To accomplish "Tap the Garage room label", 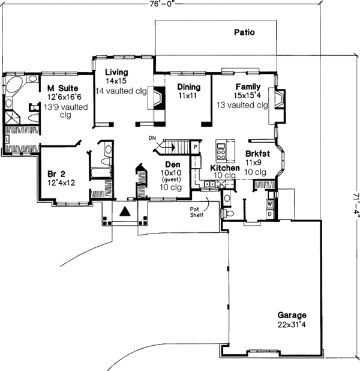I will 292,315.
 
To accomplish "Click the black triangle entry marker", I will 125,211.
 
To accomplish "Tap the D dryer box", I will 269,214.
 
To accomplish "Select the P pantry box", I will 195,147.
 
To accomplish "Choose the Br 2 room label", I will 56,175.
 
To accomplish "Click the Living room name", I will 117,71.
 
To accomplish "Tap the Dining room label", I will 188,87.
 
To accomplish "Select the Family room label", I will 247,86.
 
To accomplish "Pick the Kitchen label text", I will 225,167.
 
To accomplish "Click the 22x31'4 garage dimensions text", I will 292,325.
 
